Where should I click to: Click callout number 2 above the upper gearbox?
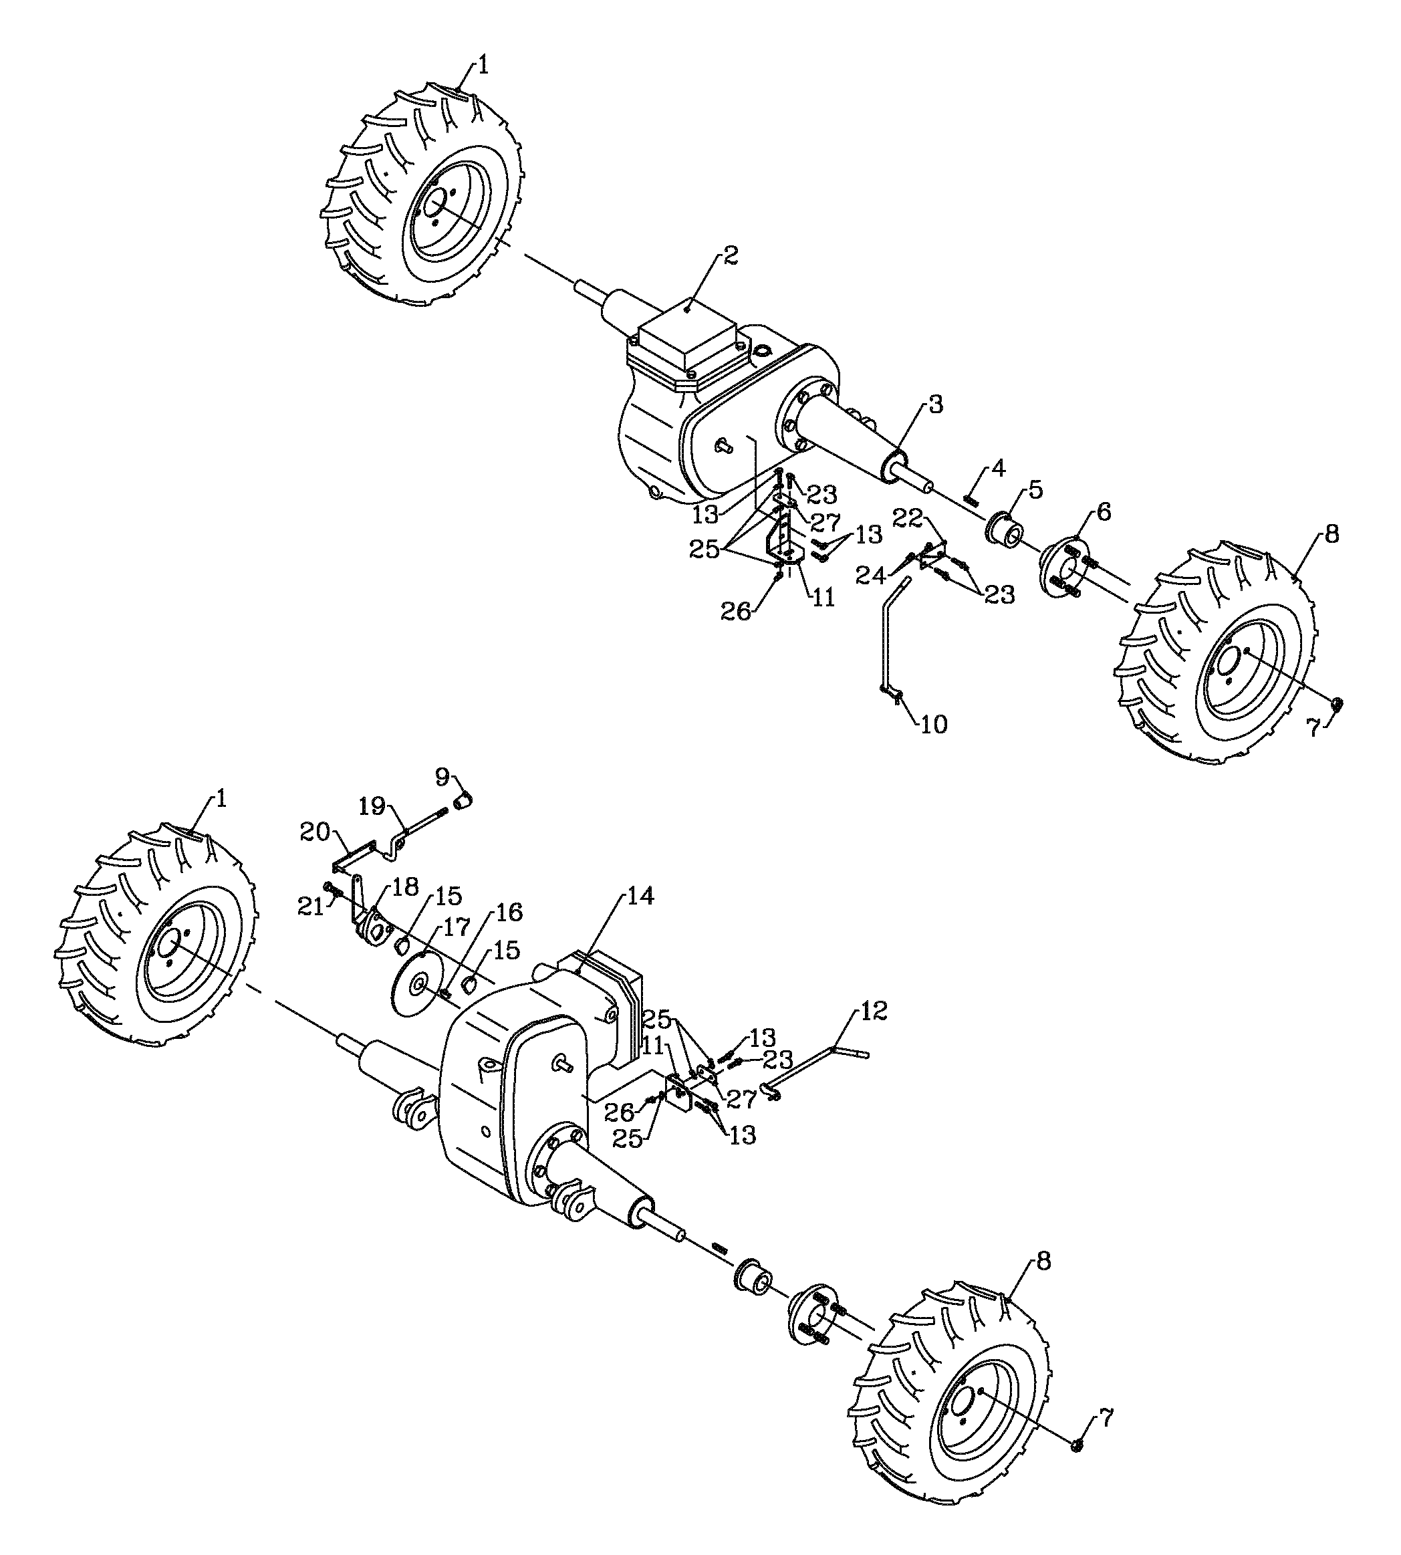click(x=730, y=255)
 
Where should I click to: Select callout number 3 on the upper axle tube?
click(x=935, y=405)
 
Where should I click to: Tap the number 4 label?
click(x=998, y=467)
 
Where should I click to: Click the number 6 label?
click(x=1104, y=512)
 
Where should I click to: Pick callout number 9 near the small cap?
click(x=442, y=777)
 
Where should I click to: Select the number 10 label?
click(x=934, y=725)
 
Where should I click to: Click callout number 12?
click(x=872, y=1011)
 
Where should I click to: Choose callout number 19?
click(x=372, y=807)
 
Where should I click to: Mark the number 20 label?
click(x=315, y=832)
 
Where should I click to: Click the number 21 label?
click(x=311, y=908)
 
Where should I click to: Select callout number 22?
click(x=908, y=518)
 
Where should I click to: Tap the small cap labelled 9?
click(x=463, y=802)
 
